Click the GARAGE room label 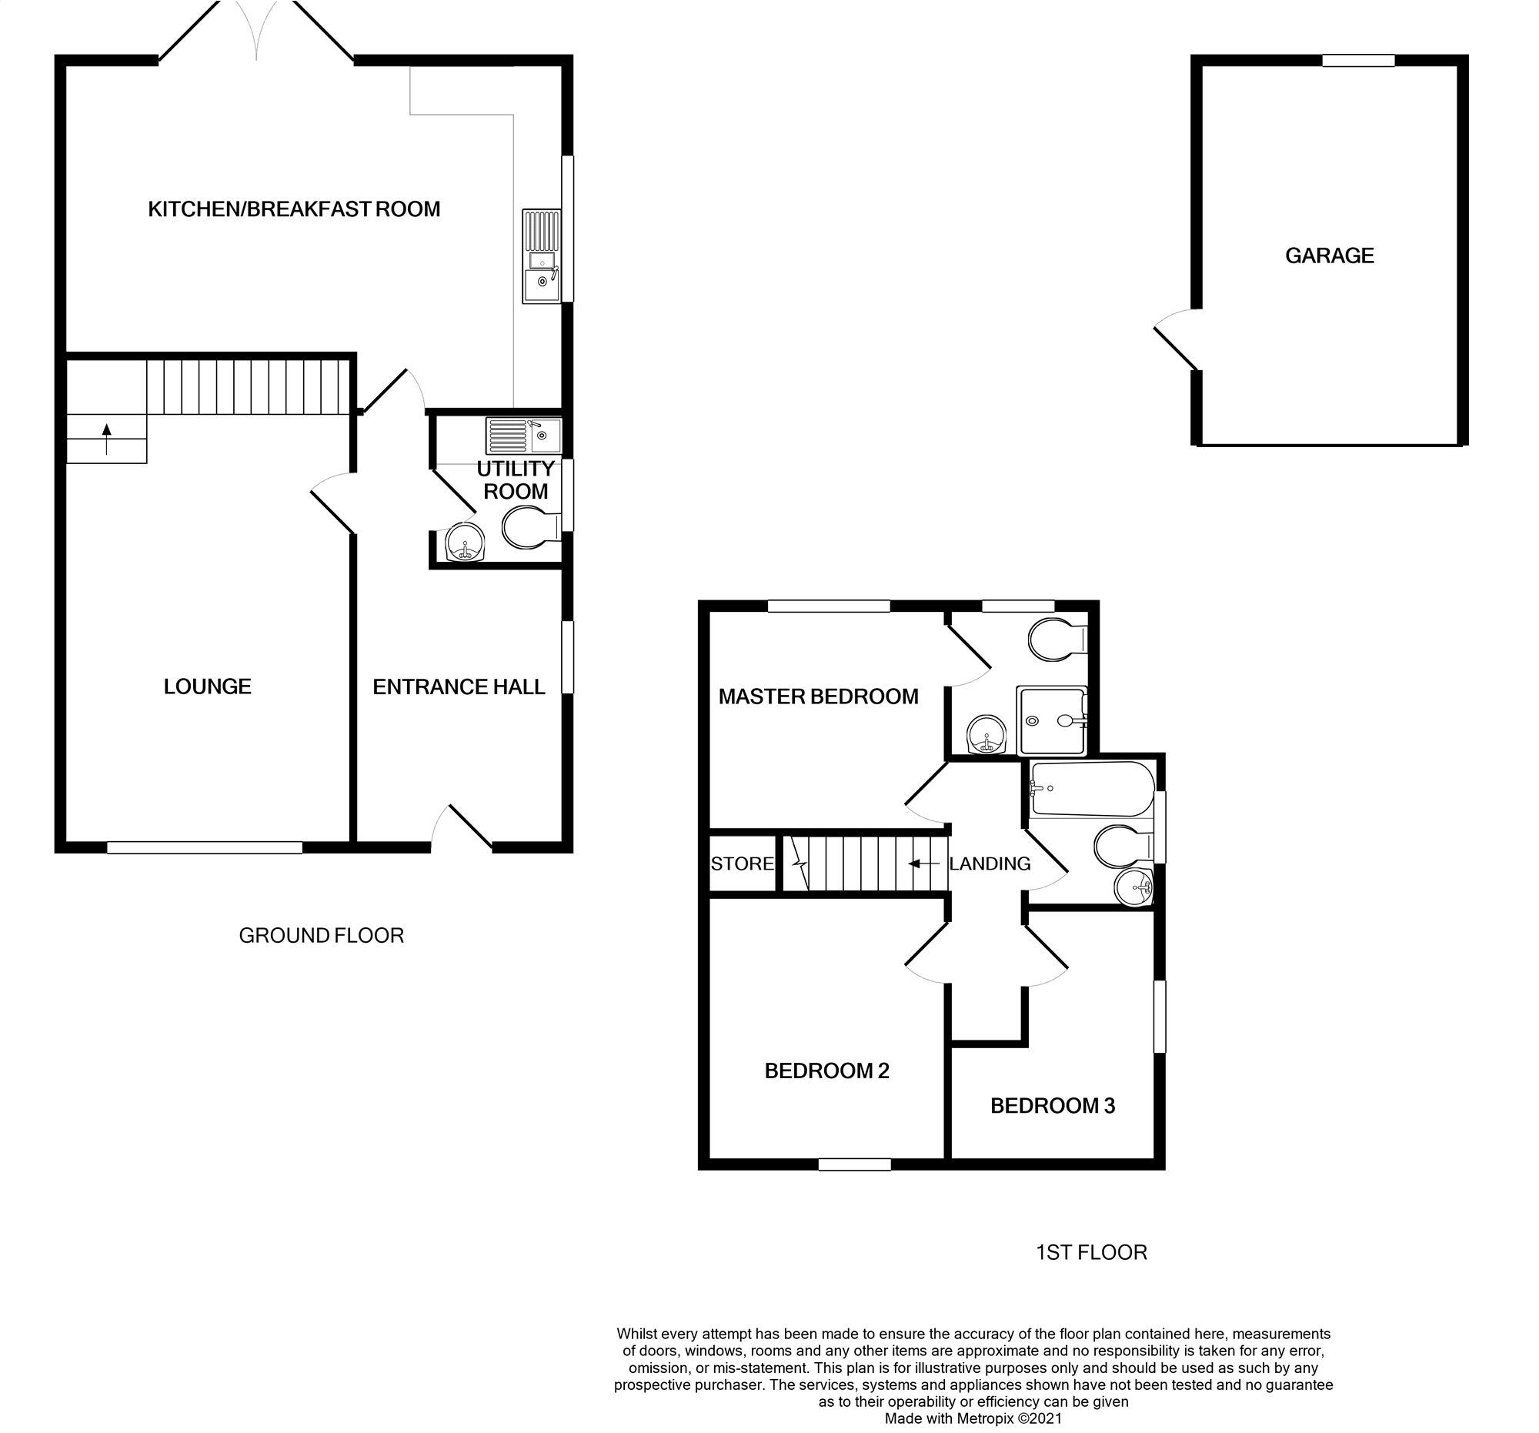click(x=1329, y=256)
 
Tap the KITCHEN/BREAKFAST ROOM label click(x=293, y=209)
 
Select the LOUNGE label click(x=208, y=686)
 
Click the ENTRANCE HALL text click(x=459, y=686)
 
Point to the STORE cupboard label click(x=742, y=864)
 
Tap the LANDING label click(x=990, y=864)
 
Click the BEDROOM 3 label click(x=1052, y=1105)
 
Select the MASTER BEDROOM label click(x=817, y=696)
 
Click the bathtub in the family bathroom click(x=1092, y=789)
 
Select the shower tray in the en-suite click(x=1052, y=720)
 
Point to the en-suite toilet click(x=1057, y=640)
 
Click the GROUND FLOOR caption click(x=322, y=935)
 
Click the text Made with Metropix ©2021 click(x=973, y=1419)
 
